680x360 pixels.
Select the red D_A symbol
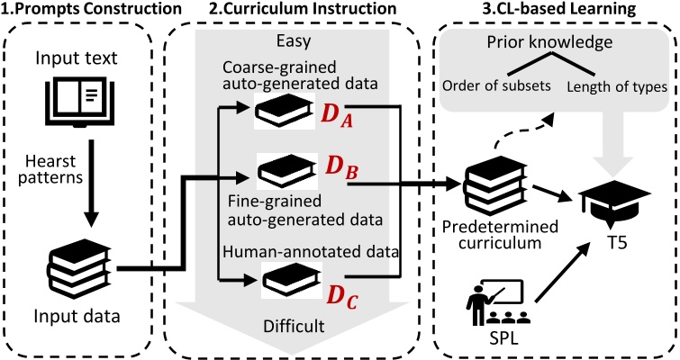pyautogui.click(x=340, y=112)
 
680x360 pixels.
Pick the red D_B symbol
pyautogui.click(x=340, y=168)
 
